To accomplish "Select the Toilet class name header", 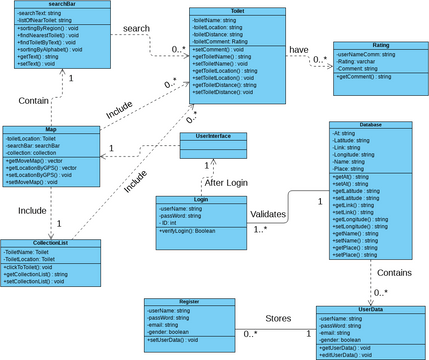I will (225, 10).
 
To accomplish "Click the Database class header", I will (369, 125).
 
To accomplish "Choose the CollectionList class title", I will (50, 243).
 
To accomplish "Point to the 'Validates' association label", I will (269, 213).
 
